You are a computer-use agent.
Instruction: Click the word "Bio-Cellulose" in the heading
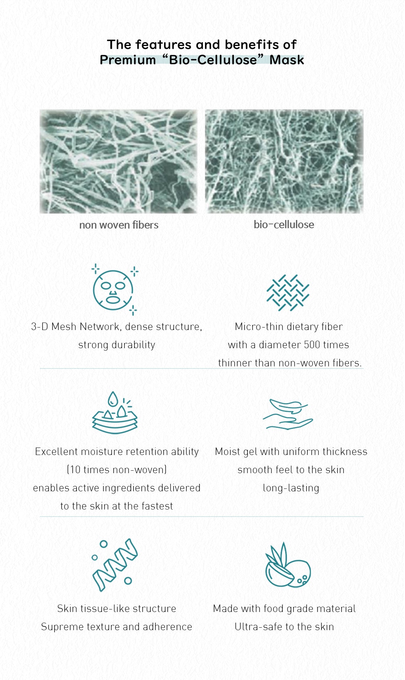coord(213,60)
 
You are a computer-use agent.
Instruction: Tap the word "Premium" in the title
coord(128,60)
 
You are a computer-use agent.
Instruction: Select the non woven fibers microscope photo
coord(118,161)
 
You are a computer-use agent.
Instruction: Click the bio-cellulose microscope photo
coord(284,161)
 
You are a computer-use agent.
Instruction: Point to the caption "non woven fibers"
coord(119,225)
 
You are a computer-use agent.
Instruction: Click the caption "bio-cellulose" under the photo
coord(284,225)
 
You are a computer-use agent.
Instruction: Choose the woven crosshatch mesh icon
coord(288,293)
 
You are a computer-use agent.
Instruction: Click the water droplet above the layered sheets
coord(113,398)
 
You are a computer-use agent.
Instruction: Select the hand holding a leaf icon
coord(288,414)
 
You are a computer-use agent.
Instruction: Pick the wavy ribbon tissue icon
coord(115,565)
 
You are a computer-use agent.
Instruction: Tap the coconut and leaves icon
coord(288,565)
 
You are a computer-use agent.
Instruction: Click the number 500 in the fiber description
coord(312,345)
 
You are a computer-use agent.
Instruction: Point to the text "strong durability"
coord(117,345)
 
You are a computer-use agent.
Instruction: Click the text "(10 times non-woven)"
coord(117,470)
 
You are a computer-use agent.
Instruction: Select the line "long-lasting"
coord(291,488)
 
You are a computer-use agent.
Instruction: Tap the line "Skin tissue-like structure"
coord(117,609)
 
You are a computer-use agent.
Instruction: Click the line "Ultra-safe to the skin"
coord(284,627)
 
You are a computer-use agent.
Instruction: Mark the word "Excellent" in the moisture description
coord(56,451)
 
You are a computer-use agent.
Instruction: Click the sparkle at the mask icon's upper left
coord(95,268)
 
